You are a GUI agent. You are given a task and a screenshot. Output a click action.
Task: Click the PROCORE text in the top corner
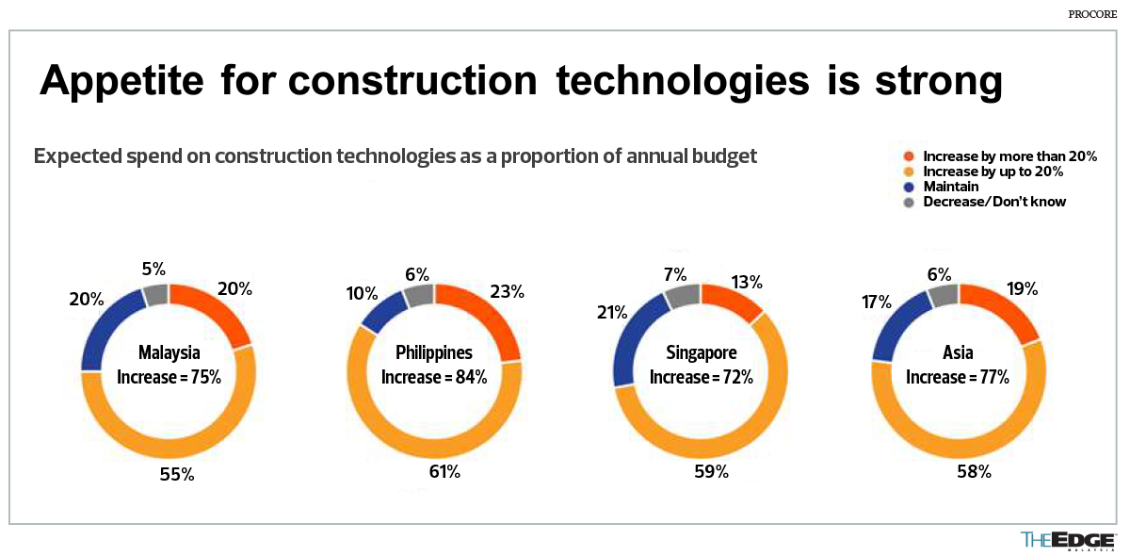(1093, 15)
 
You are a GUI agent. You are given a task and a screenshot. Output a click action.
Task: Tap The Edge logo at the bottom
(1068, 540)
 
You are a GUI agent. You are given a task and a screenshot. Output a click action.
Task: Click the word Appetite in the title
(121, 82)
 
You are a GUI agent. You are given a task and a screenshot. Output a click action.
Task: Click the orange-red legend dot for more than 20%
(909, 156)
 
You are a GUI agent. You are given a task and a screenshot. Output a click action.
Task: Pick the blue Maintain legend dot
(909, 187)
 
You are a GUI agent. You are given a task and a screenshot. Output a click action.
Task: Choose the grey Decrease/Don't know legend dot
(909, 202)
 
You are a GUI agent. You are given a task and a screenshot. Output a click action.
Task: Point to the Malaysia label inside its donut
(169, 353)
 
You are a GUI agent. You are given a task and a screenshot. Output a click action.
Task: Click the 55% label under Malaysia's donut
(176, 475)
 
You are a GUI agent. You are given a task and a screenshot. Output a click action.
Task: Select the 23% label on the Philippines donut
(507, 292)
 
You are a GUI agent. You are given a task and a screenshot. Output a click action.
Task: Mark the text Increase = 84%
(434, 377)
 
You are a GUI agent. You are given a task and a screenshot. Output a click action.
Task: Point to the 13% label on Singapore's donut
(746, 282)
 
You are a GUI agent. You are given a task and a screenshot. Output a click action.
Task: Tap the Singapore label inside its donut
(702, 353)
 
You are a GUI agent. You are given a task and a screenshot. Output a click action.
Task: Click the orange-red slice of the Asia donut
(1005, 312)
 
